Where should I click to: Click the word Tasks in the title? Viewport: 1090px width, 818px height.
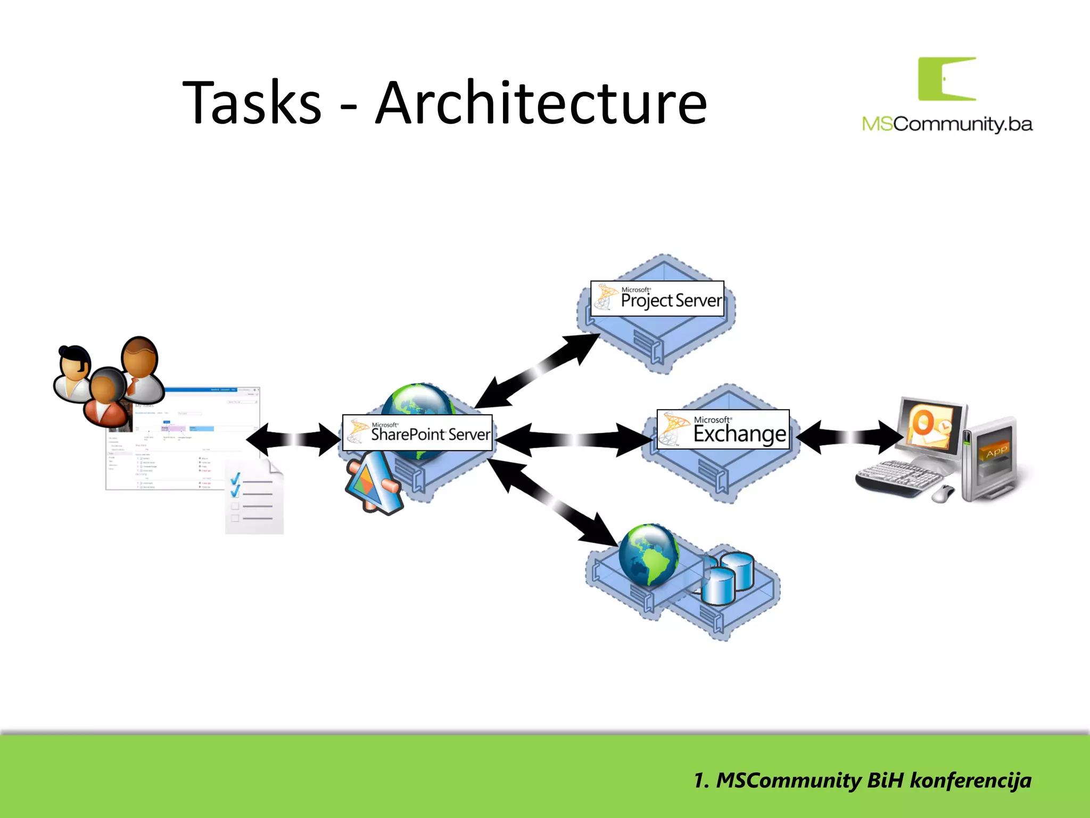point(252,102)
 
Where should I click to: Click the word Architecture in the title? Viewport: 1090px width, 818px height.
point(541,102)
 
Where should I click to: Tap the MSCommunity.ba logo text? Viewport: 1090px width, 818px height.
point(947,124)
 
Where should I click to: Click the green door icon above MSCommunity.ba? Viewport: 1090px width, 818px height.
point(947,79)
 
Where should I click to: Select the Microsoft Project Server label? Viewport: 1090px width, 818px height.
point(657,299)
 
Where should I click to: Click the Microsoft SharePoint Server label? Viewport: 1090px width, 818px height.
point(417,433)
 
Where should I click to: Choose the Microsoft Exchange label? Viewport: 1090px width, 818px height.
point(723,429)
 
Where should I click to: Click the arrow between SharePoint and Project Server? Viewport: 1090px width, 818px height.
point(538,371)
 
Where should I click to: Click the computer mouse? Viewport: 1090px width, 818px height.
point(943,494)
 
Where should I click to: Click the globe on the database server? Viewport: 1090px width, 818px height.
point(649,554)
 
